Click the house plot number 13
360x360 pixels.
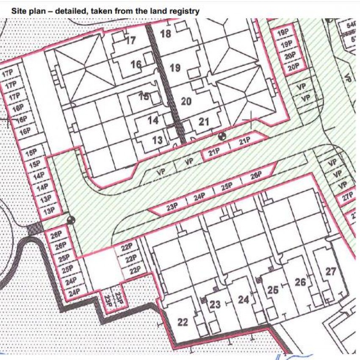[157, 140]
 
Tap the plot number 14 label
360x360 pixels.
[153, 121]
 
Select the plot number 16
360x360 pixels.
[136, 65]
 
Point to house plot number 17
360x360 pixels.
[130, 41]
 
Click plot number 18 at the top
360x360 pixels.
[166, 33]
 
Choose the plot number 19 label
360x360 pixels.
[175, 67]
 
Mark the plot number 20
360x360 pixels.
[186, 101]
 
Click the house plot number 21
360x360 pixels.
[204, 122]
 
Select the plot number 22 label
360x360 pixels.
[183, 322]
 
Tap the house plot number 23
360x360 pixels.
[215, 304]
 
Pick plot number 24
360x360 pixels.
[243, 300]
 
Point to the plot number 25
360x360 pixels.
[273, 290]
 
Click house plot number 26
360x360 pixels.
[300, 282]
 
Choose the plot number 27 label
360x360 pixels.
[331, 272]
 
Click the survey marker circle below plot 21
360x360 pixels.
[221, 136]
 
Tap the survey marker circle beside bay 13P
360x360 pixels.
[71, 220]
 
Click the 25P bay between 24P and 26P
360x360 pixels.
[227, 187]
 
